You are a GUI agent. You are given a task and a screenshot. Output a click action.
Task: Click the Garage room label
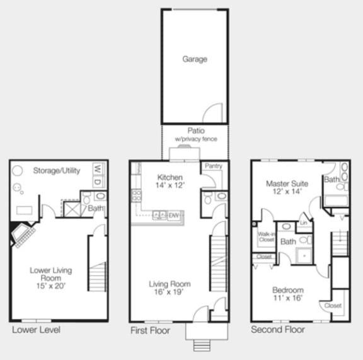pos(195,59)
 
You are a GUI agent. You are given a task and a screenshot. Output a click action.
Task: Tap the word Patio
pos(195,131)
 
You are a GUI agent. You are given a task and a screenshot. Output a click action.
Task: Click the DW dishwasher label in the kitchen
pos(174,216)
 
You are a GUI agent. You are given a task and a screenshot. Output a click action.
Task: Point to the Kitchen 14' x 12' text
pos(170,182)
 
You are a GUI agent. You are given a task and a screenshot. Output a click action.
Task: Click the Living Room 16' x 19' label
pos(170,288)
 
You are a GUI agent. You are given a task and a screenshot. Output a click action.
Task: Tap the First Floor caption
pos(150,330)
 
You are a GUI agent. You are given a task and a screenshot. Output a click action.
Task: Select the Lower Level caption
pos(36,330)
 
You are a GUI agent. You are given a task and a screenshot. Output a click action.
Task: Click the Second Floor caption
pos(277,330)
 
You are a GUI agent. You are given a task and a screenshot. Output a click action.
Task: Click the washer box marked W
pos(97,168)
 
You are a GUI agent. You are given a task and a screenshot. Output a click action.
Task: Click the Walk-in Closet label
pos(266,237)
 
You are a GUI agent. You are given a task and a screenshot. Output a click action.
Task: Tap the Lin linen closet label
pos(303,223)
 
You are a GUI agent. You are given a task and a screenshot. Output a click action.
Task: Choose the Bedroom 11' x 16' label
pos(287,294)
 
